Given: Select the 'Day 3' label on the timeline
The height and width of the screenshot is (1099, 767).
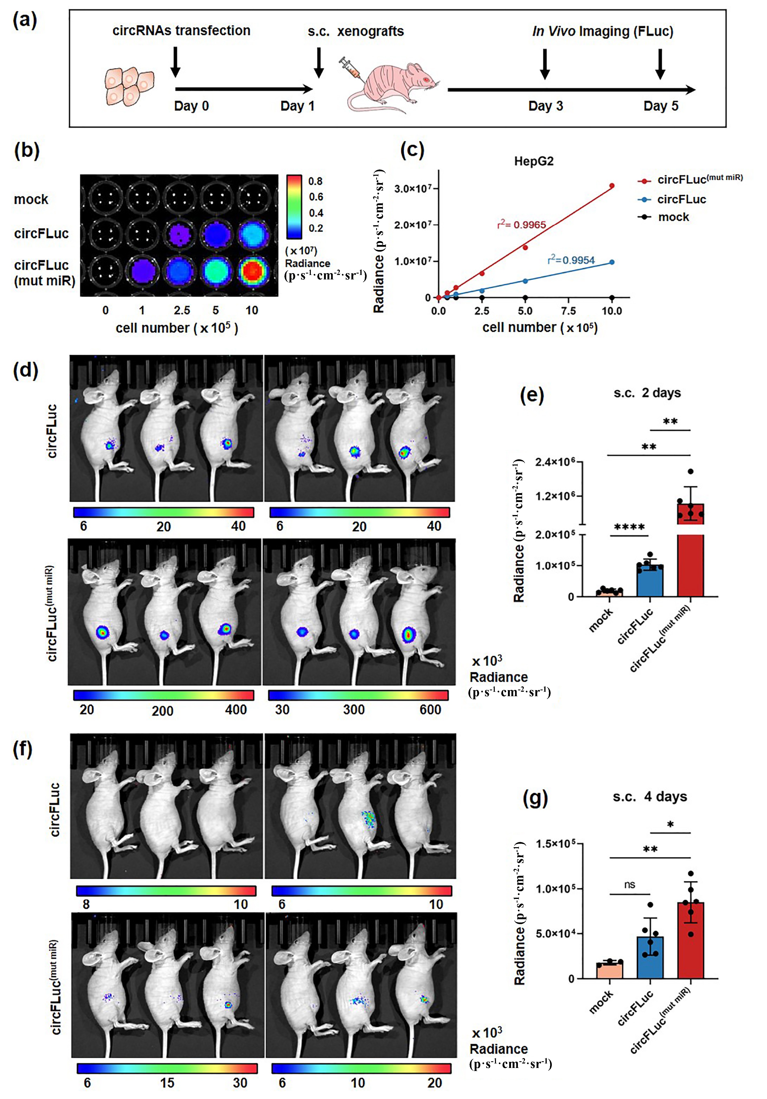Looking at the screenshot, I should click(x=545, y=106).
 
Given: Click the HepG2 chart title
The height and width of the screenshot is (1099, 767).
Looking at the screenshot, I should click(x=534, y=161).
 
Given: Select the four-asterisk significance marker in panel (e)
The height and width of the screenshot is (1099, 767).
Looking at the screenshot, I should click(x=629, y=527).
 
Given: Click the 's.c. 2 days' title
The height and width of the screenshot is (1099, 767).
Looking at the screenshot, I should click(x=647, y=393).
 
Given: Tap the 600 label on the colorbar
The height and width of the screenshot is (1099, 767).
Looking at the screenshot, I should click(x=430, y=710).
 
